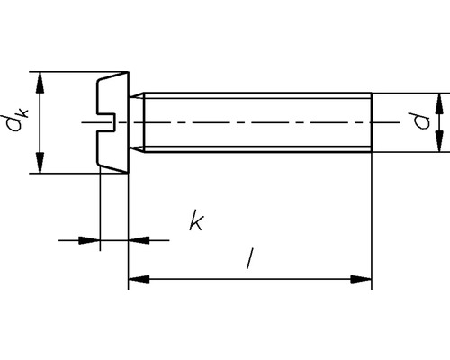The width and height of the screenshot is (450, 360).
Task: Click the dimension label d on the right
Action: tap(418, 121)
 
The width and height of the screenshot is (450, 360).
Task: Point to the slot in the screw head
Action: tap(106, 121)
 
